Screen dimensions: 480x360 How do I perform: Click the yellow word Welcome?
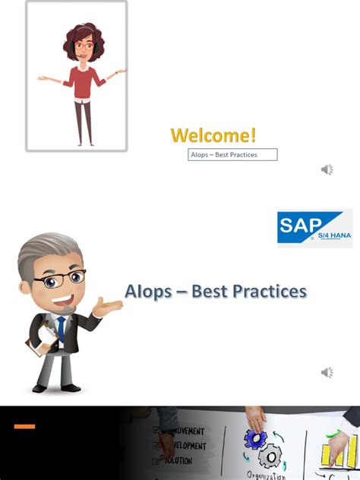pyautogui.click(x=213, y=136)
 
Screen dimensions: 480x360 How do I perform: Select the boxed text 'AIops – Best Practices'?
pyautogui.click(x=232, y=155)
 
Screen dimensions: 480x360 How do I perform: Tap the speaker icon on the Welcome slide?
pyautogui.click(x=327, y=169)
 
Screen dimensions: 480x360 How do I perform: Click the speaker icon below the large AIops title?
pyautogui.click(x=327, y=372)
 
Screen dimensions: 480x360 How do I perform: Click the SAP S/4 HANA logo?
pyautogui.click(x=314, y=228)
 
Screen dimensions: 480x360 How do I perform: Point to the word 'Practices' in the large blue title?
pyautogui.click(x=264, y=291)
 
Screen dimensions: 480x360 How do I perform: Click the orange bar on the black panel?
pyautogui.click(x=24, y=426)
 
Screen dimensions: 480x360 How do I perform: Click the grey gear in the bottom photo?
pyautogui.click(x=270, y=458)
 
